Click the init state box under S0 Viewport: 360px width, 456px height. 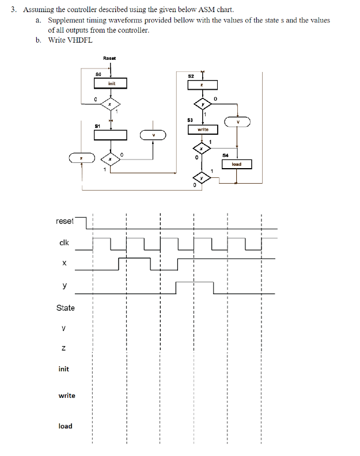tap(110, 84)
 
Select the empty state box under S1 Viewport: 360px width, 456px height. tap(110, 135)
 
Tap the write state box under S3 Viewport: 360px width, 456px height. tap(203, 130)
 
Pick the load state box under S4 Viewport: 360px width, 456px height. tap(236, 164)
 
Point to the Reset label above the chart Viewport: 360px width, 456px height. tap(109, 58)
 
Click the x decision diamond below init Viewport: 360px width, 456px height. tap(110, 104)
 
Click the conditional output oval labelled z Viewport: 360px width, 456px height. tap(82, 157)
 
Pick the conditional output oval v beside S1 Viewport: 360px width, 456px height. tap(153, 135)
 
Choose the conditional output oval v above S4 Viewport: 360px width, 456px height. tap(238, 121)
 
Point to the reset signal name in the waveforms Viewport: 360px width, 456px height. tap(65, 221)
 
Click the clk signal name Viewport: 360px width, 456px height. tap(65, 242)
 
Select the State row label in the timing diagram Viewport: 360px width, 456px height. tap(65, 307)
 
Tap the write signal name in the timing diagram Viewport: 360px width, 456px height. tap(67, 396)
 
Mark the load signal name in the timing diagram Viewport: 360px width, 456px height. tap(65, 426)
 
